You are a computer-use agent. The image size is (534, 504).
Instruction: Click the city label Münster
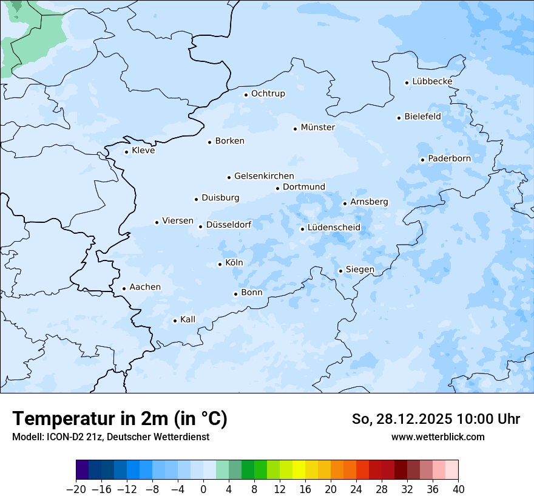coord(317,128)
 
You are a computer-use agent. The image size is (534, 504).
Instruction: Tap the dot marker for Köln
coord(220,264)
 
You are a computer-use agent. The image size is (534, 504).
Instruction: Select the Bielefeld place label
coord(422,117)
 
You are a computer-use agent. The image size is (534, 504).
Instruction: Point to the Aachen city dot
coord(124,289)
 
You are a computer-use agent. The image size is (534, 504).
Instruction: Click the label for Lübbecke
coord(432,81)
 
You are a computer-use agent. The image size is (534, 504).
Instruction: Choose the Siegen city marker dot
coord(340,271)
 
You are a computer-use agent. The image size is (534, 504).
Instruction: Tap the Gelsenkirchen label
coord(264,176)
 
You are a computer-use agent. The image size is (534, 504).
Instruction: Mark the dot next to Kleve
coord(126,152)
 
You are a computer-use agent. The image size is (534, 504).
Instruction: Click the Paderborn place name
coord(449,158)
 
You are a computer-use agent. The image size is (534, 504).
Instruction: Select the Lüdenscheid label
coord(334,228)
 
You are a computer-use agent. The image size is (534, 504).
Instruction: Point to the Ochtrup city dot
coord(246,94)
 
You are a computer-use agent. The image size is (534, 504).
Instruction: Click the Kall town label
coord(188,319)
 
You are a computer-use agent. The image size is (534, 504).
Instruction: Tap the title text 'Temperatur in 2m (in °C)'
coord(120,418)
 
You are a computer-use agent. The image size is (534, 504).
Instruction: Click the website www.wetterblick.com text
coord(438,437)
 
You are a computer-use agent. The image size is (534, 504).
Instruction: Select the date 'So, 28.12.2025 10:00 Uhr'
coord(436,419)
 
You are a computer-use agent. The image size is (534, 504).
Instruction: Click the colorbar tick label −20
coord(76,489)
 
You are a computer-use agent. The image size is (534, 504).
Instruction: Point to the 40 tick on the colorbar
coord(458,489)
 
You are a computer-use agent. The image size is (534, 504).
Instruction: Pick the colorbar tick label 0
coord(203,489)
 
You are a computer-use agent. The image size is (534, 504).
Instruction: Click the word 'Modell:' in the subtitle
coord(27,437)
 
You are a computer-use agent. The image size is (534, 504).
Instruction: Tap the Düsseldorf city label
coord(229,225)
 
